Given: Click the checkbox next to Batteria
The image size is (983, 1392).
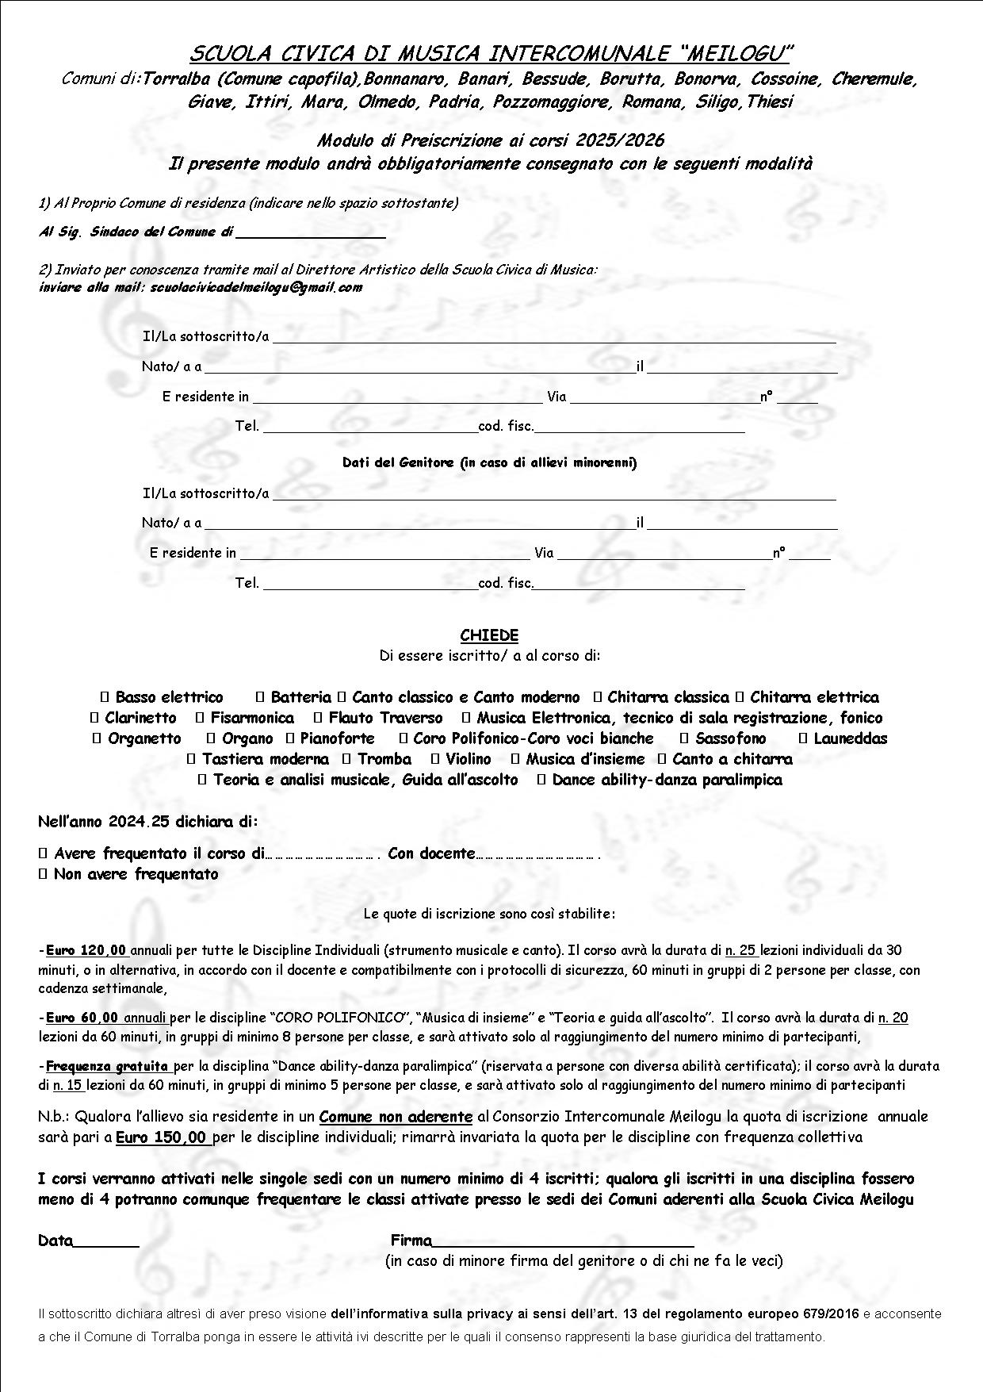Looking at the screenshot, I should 259,698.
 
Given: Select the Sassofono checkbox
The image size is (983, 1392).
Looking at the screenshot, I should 684,739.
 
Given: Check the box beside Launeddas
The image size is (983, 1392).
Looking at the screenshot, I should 802,739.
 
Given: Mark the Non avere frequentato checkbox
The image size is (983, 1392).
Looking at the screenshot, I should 43,875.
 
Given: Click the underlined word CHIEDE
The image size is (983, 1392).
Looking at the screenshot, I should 489,635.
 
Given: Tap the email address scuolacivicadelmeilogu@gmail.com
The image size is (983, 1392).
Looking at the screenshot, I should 255,287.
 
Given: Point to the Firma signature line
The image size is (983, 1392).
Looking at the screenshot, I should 563,1241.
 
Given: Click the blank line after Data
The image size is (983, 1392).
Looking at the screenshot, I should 105,1241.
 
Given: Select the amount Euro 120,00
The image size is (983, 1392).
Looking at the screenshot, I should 86,950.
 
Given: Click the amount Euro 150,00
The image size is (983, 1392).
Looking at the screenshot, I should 162,1137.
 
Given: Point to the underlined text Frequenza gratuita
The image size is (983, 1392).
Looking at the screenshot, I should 107,1066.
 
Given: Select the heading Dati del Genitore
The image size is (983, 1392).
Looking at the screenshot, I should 398,462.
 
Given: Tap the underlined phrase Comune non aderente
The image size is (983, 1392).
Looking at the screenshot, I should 396,1117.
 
